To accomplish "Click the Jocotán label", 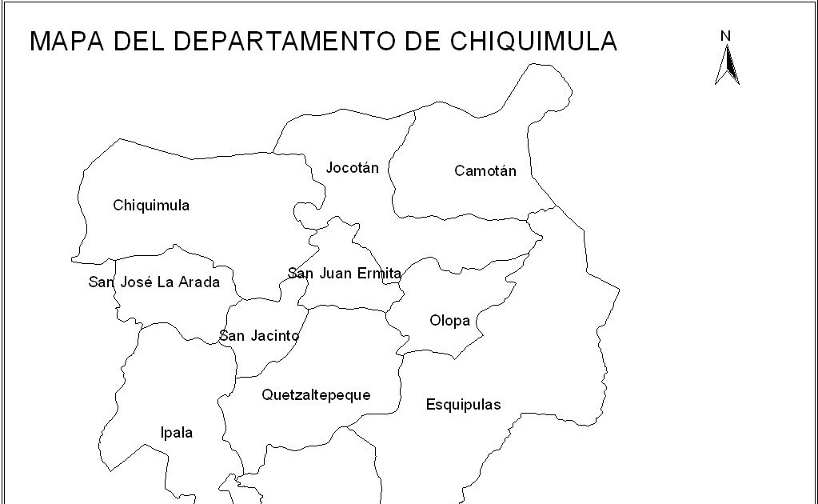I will (353, 168).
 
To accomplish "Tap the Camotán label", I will (485, 171).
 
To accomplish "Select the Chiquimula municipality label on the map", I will (151, 206).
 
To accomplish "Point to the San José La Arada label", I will (154, 282).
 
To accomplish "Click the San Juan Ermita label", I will (344, 274).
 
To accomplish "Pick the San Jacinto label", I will (259, 336).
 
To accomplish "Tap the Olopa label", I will (449, 321).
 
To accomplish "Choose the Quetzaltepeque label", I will (316, 395).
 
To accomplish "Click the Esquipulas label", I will (463, 405).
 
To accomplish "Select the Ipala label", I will (177, 433).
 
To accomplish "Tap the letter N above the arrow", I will (725, 35).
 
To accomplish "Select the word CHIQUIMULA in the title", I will (536, 41).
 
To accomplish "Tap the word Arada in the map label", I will (201, 282).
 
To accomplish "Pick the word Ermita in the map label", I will (381, 274).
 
